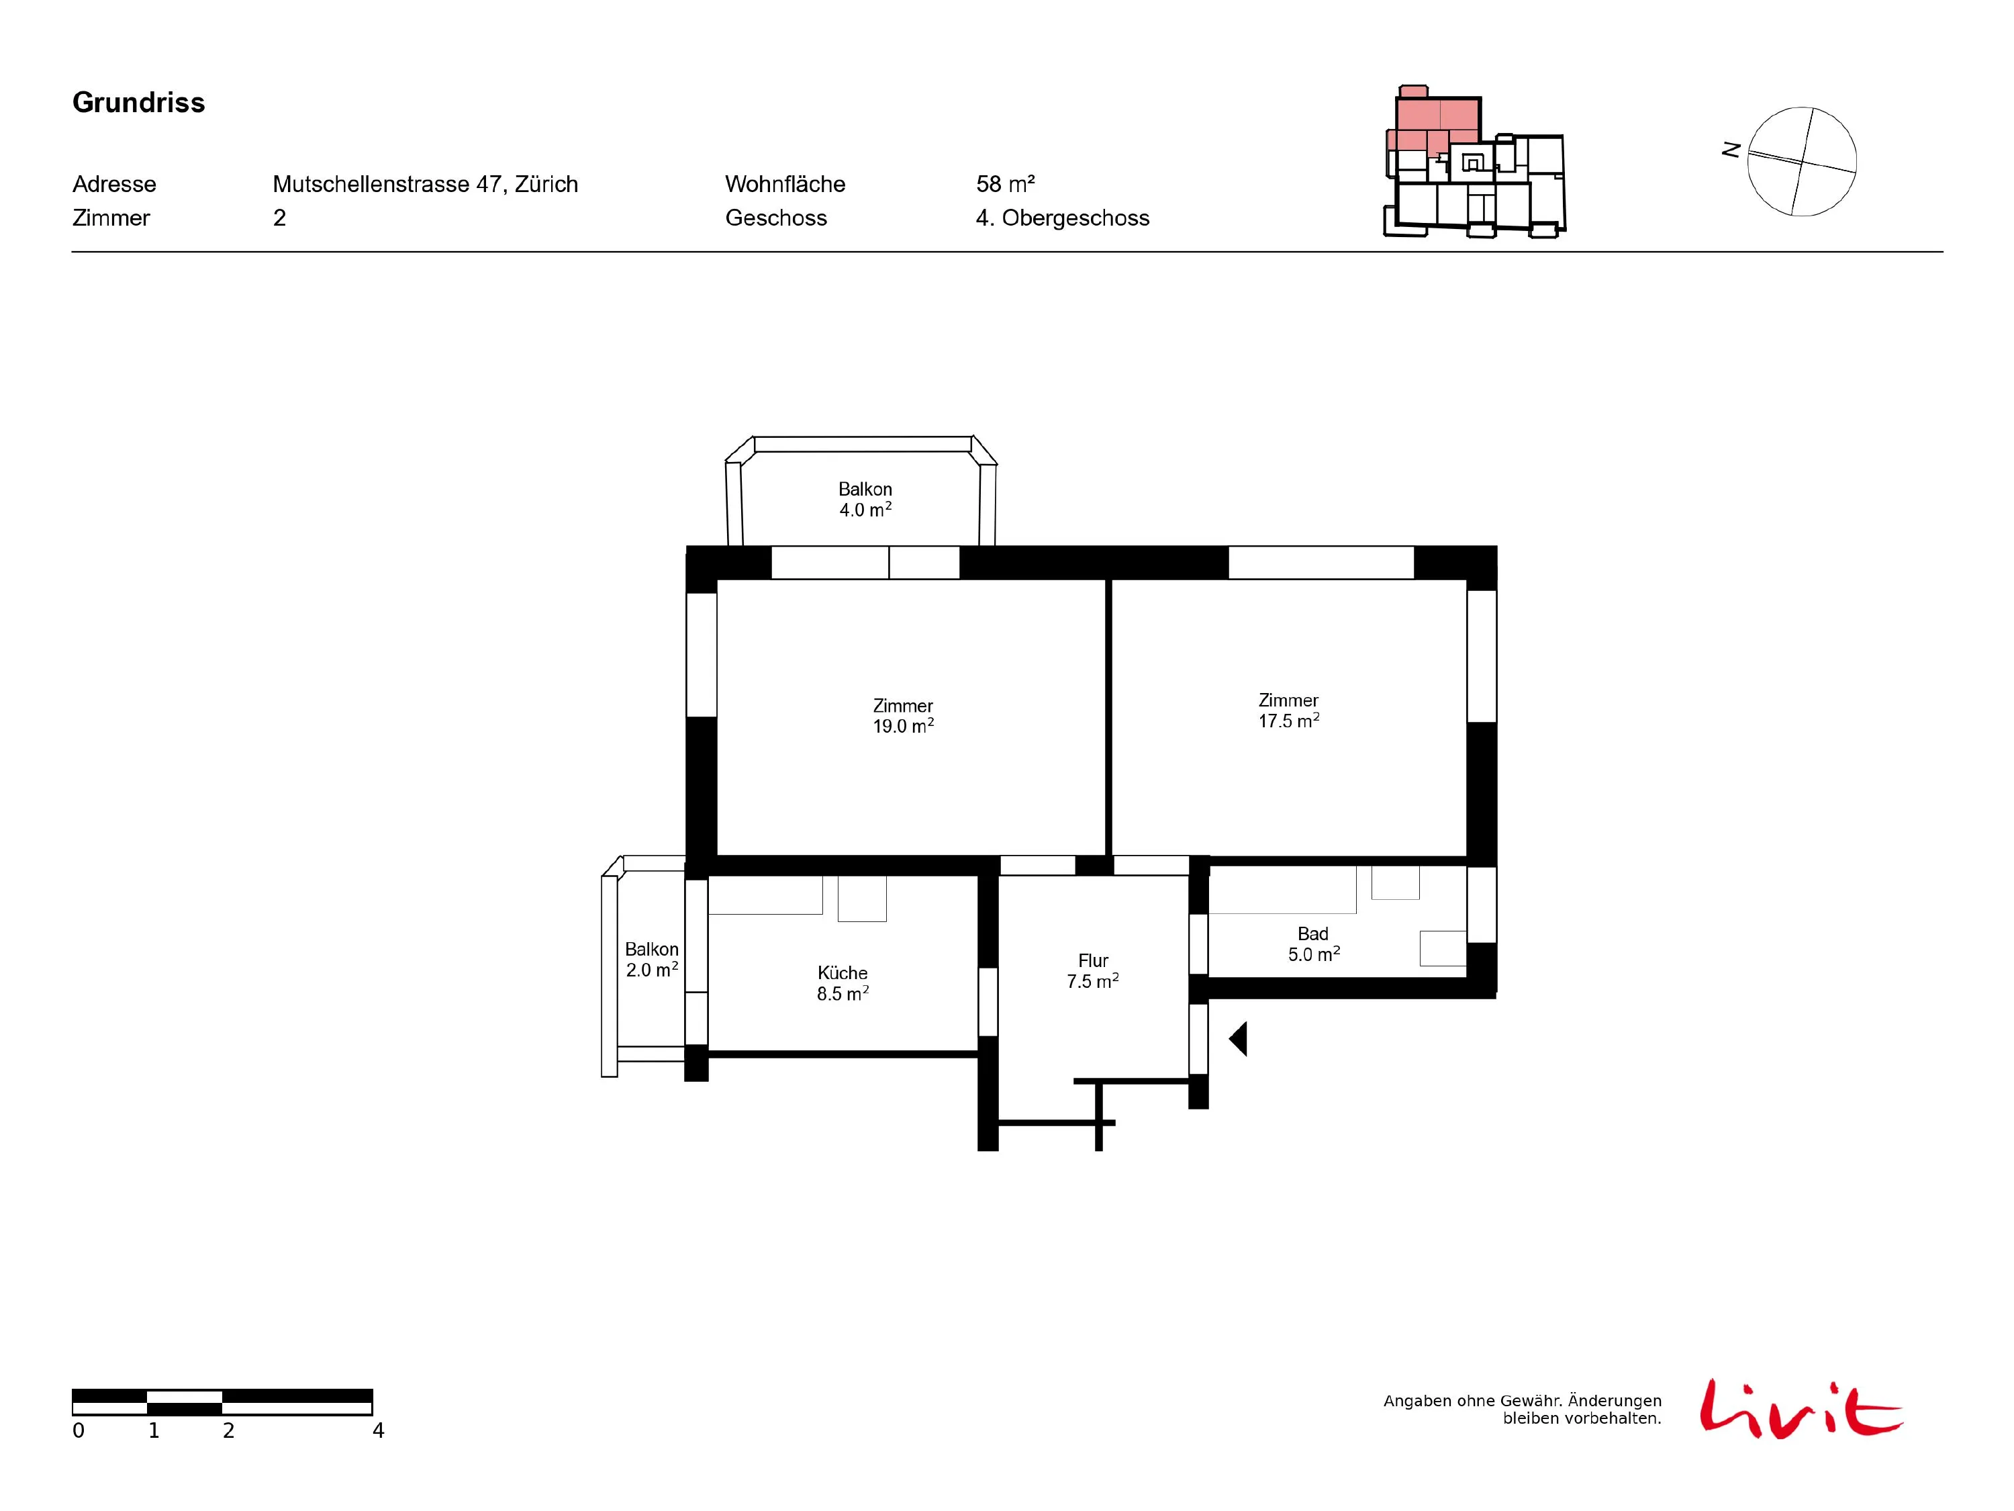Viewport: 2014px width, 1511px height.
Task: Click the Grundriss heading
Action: (138, 103)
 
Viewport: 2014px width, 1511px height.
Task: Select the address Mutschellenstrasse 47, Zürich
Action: (425, 184)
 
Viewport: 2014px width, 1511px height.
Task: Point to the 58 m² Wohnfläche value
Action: (1005, 184)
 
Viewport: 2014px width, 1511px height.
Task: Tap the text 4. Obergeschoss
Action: (1063, 218)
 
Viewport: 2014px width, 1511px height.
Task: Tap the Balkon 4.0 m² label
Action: (865, 499)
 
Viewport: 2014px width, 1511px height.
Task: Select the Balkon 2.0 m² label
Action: (652, 959)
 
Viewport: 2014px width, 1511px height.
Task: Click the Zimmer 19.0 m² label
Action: (903, 716)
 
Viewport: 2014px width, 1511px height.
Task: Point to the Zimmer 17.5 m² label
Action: (1288, 711)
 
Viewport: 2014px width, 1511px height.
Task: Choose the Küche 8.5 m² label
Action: (843, 982)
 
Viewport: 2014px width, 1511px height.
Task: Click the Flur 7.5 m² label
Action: (1092, 971)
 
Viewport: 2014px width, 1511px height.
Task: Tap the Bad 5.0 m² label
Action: (1313, 944)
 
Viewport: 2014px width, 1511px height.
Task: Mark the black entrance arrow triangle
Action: (1237, 1038)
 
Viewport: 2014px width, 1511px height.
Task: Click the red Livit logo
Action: (1800, 1409)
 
